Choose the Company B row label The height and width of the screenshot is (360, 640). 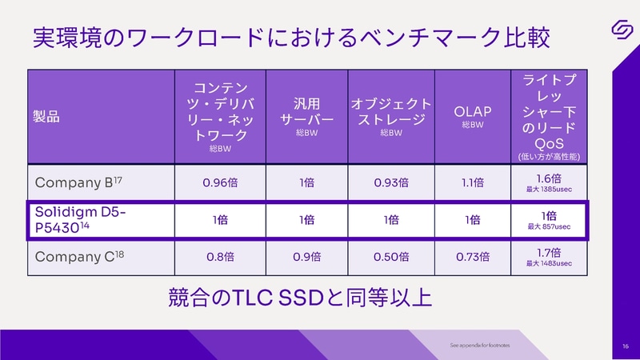pos(77,182)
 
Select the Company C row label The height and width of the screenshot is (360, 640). pos(77,258)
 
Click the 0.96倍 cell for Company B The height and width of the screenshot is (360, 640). pos(221,182)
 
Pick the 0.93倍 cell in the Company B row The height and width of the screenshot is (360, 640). pos(391,182)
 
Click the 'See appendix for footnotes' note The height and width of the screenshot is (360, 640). pos(479,346)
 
